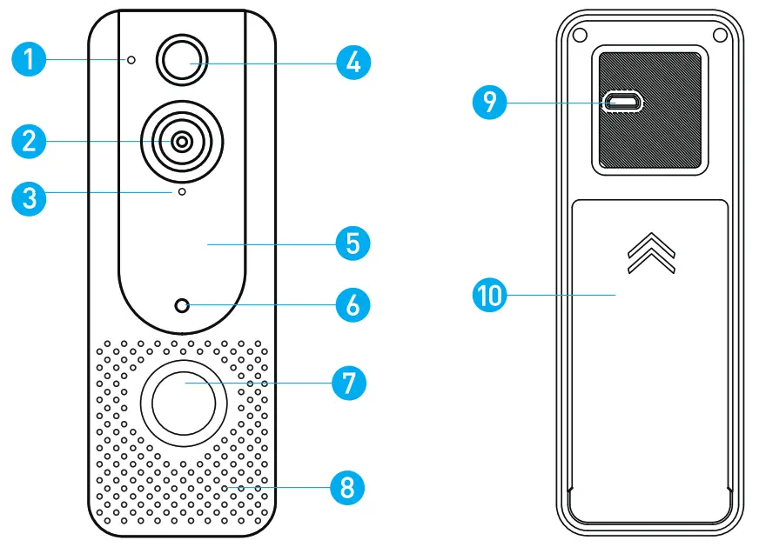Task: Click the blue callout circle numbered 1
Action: point(29,60)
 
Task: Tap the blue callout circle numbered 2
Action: point(29,142)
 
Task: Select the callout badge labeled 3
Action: point(29,197)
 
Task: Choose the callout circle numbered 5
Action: point(353,243)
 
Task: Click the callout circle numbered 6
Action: point(353,305)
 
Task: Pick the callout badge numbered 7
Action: point(348,382)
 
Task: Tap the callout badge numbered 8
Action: point(347,487)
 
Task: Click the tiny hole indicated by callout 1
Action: point(131,60)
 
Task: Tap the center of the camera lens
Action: point(182,142)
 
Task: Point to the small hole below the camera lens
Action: point(182,191)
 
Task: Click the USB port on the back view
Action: point(625,103)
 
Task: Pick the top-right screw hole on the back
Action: point(720,34)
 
